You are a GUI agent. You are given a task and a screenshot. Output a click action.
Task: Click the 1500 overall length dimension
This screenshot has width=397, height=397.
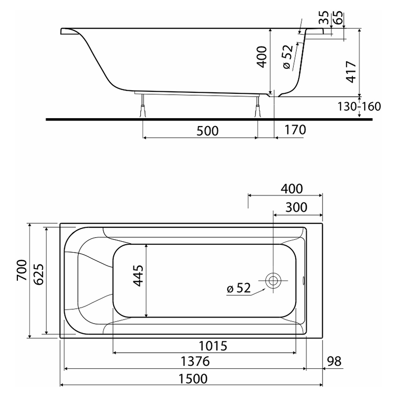[193, 379]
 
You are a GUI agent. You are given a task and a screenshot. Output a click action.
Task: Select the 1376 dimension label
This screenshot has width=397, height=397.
[195, 361]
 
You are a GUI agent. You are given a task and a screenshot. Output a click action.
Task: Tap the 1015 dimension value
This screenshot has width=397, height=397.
[213, 346]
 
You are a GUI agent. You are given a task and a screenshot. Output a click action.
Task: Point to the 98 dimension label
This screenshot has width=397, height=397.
[334, 361]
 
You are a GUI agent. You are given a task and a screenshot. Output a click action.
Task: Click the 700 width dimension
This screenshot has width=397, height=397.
[22, 270]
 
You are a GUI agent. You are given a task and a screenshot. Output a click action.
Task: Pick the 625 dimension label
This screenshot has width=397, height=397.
[39, 274]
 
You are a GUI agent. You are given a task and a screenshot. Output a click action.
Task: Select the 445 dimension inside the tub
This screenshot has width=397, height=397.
[138, 276]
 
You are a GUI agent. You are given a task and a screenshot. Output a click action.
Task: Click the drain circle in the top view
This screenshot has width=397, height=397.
[273, 280]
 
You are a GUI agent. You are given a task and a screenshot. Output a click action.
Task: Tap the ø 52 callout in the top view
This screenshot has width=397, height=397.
[239, 288]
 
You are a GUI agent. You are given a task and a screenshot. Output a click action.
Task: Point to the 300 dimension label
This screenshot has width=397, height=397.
[296, 207]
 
